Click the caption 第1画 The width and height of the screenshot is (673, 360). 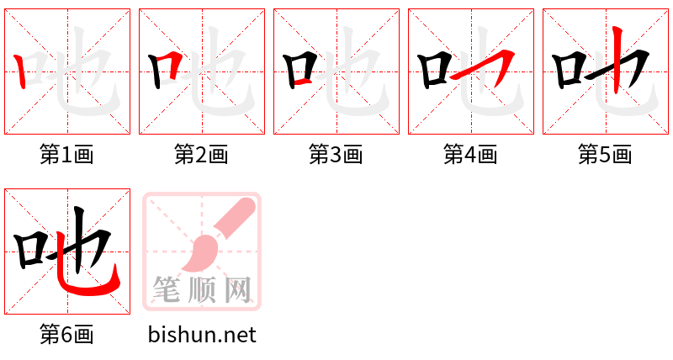pyautogui.click(x=66, y=154)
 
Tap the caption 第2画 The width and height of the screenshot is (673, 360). pyautogui.click(x=201, y=154)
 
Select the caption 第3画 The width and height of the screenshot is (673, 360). pyautogui.click(x=336, y=154)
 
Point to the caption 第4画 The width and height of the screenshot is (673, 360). pyautogui.click(x=470, y=154)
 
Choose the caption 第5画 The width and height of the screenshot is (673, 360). pyautogui.click(x=605, y=154)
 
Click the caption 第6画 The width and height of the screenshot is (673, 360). pyautogui.click(x=66, y=335)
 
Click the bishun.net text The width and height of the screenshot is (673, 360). pyautogui.click(x=202, y=335)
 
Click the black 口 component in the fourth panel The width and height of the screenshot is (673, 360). pyautogui.click(x=435, y=71)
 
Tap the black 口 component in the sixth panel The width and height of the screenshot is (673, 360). pyautogui.click(x=33, y=251)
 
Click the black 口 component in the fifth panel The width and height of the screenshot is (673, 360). pyautogui.click(x=570, y=71)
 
